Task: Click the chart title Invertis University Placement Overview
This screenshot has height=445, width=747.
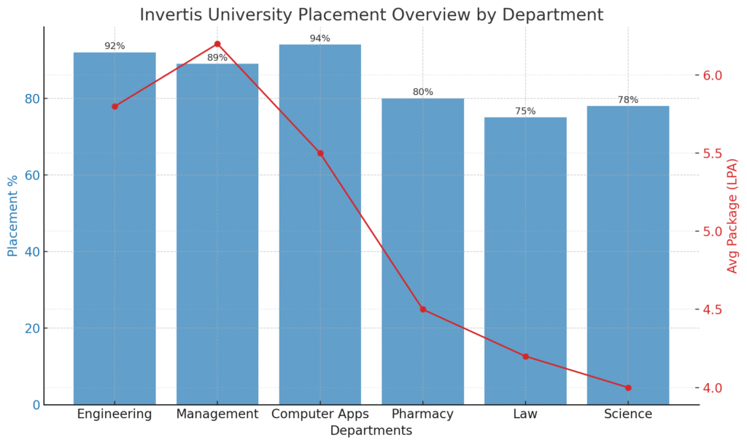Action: [x=371, y=15]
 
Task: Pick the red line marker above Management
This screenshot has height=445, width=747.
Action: [x=217, y=44]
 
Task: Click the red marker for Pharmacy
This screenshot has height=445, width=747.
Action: [x=422, y=309]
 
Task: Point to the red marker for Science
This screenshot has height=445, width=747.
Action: [x=628, y=387]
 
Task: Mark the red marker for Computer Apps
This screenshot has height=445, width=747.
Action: [x=320, y=153]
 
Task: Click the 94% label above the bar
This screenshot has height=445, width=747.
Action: [x=320, y=38]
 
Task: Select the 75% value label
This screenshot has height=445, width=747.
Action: [x=525, y=111]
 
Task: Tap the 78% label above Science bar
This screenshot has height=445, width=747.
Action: [x=628, y=99]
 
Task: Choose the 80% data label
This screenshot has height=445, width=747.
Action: [x=422, y=92]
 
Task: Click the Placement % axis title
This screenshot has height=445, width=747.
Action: [x=12, y=216]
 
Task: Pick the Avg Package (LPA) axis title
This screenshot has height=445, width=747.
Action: [x=733, y=216]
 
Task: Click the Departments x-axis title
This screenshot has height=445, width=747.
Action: [x=371, y=431]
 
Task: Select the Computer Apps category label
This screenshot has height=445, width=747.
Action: [x=320, y=414]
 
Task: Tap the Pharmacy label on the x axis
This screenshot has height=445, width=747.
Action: [x=422, y=414]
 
